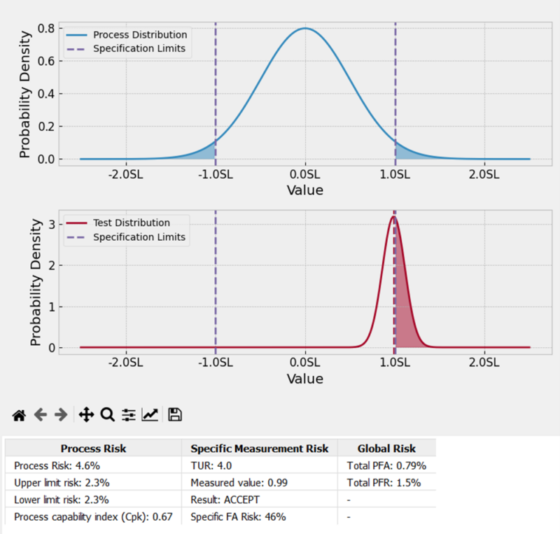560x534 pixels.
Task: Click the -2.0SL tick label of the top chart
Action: coord(126,174)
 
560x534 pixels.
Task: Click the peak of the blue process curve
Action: coord(305,29)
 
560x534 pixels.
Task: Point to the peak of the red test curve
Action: coord(394,217)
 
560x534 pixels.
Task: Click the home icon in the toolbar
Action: coord(19,415)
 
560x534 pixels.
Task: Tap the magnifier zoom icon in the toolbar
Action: coord(107,415)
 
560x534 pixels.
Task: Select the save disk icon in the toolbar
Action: coord(175,415)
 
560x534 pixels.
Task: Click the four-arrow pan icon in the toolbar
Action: coord(86,415)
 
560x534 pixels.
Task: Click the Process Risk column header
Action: coord(94,449)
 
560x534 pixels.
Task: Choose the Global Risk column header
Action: coord(386,449)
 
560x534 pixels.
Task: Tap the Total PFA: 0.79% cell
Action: coord(386,465)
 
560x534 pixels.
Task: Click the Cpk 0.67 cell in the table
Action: coord(94,517)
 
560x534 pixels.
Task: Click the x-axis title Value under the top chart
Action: coord(305,190)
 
